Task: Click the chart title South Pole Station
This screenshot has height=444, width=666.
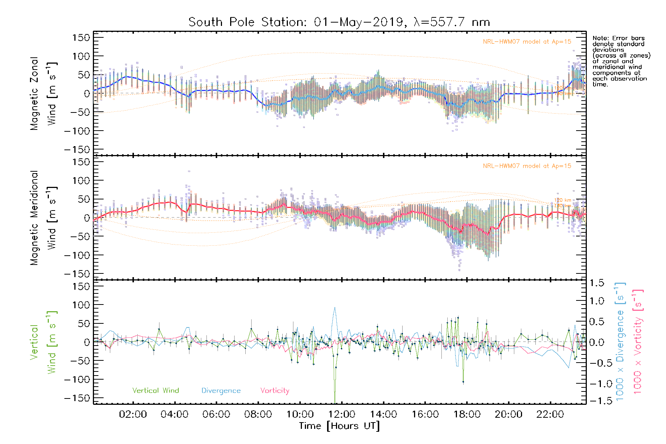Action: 339,22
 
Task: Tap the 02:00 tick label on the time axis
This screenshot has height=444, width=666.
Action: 133,414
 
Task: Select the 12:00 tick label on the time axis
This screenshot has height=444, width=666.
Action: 342,414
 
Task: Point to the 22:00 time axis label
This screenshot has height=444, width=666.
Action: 550,414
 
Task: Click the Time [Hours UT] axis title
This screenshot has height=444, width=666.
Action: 339,426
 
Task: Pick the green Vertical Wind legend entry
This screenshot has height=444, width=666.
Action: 155,391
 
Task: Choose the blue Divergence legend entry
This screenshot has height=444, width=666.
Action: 221,391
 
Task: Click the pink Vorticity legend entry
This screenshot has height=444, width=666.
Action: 275,391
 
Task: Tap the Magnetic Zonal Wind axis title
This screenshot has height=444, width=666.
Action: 44,93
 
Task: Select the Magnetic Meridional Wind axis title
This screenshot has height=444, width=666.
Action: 44,218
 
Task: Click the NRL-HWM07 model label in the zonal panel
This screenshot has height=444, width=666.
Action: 527,42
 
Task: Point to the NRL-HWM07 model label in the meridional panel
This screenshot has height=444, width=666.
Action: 527,166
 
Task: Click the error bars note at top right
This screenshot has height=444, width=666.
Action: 621,61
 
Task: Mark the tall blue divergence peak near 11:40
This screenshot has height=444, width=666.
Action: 335,308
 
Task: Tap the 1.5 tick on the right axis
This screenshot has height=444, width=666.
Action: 596,283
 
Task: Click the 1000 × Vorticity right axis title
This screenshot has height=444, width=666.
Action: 638,342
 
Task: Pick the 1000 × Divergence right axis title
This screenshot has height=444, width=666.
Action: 620,342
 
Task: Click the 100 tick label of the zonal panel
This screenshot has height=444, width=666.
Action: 81,56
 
